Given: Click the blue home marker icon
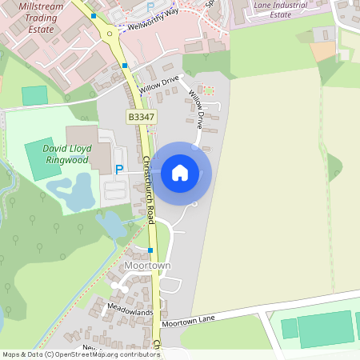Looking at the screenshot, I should [x=180, y=172].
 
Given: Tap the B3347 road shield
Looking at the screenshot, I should [x=141, y=117].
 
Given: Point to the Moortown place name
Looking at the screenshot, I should [x=147, y=265].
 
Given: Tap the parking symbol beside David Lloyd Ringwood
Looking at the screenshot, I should [x=119, y=169].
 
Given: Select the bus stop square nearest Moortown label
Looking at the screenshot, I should [x=150, y=250].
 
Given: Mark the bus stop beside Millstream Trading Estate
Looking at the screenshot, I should [x=94, y=16].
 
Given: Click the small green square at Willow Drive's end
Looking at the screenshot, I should [x=209, y=90].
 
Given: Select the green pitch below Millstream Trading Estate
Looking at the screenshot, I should [x=34, y=94].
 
